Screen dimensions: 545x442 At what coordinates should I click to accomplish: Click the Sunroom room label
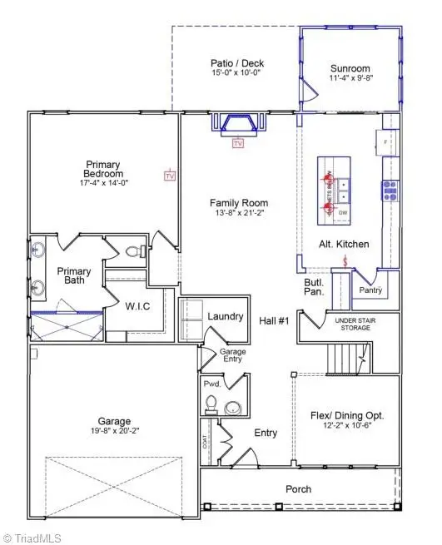[349, 69]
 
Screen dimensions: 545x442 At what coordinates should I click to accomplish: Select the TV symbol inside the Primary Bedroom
[170, 176]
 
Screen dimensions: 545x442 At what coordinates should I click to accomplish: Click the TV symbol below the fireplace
[238, 143]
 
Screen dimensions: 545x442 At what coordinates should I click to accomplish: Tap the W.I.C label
[137, 305]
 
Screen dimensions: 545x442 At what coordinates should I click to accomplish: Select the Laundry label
[225, 316]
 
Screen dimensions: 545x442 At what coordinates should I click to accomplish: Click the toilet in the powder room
[211, 405]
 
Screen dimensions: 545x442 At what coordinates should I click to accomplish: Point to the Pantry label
[370, 290]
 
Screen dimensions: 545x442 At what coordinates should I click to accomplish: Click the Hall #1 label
[273, 320]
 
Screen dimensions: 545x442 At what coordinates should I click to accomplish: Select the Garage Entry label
[232, 355]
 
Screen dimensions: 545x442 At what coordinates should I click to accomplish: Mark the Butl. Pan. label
[313, 288]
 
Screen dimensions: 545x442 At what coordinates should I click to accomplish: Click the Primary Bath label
[73, 276]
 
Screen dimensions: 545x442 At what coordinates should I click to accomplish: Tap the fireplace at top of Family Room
[237, 123]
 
